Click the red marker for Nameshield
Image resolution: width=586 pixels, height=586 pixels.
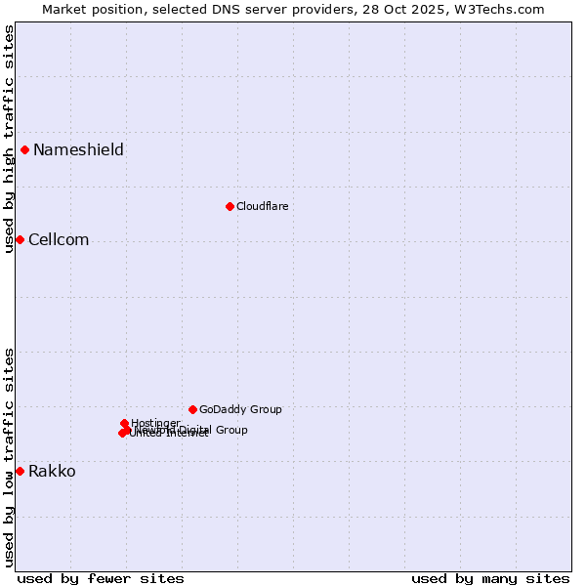pos(24,149)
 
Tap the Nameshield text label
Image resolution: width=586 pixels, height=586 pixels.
pos(78,149)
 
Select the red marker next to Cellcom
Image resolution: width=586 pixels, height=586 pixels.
pos(20,239)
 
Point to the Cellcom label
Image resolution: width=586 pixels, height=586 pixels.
pos(59,240)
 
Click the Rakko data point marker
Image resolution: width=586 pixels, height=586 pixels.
pos(20,471)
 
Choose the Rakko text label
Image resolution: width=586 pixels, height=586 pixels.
pos(52,472)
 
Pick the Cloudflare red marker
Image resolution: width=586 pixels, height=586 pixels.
pos(230,206)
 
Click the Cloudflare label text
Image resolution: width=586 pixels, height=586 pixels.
pos(262,207)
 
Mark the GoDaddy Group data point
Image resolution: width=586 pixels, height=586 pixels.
pos(192,409)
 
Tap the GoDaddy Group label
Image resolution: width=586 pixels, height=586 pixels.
pos(240,410)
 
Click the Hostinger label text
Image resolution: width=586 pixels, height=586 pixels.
pos(155,423)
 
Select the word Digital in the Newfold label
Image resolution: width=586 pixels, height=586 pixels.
pos(197,430)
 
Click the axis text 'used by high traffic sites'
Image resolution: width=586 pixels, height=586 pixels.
pos(9,139)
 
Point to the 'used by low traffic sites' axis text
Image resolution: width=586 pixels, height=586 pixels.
pos(9,456)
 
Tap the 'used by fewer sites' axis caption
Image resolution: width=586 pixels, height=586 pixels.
pos(101,578)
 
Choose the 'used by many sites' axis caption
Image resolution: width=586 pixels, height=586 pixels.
pos(490,578)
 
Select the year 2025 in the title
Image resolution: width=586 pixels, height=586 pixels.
pos(427,9)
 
